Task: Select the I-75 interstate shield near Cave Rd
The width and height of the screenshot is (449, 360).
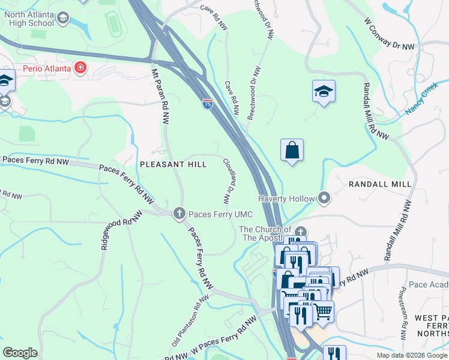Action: point(207,104)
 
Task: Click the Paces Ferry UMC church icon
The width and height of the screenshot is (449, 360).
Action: point(179,214)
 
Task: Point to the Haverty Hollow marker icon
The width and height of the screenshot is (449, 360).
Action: point(325,197)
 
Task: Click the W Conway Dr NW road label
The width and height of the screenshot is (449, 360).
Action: point(389,34)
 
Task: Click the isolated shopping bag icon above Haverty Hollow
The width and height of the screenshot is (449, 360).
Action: point(292,150)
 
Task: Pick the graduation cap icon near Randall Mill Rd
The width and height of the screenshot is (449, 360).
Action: point(324,92)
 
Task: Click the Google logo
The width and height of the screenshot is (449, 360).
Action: point(20,353)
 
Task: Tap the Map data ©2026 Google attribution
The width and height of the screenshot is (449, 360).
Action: point(412,355)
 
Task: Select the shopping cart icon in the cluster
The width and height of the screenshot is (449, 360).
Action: point(323,311)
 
